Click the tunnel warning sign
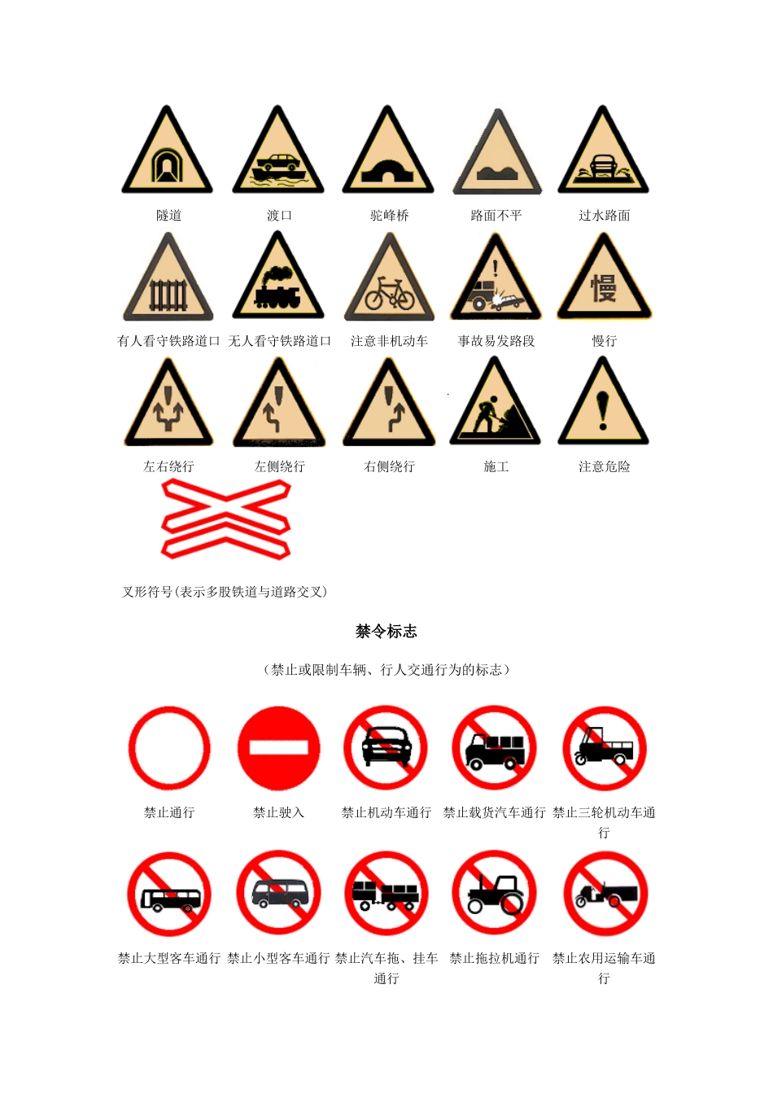click(x=168, y=155)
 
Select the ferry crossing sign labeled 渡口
click(x=278, y=155)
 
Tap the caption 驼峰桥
click(x=389, y=216)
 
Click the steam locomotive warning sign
click(x=278, y=281)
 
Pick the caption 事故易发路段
click(x=496, y=341)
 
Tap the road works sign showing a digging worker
click(x=496, y=407)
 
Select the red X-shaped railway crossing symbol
click(x=226, y=519)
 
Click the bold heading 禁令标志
click(x=386, y=631)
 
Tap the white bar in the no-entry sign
click(x=278, y=748)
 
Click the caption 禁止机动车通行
click(x=386, y=812)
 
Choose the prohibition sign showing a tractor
click(x=495, y=894)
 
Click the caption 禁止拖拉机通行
click(x=495, y=958)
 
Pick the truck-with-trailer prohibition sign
click(x=386, y=894)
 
